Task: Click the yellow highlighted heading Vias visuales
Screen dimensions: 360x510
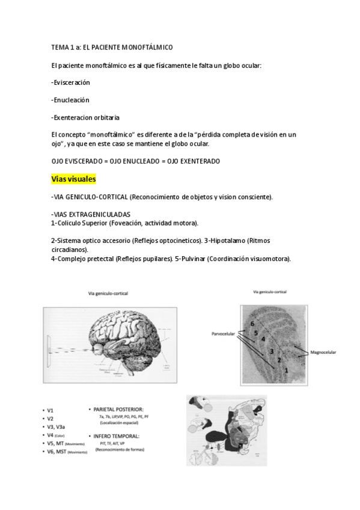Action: coord(74,179)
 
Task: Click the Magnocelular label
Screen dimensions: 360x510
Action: coord(323,352)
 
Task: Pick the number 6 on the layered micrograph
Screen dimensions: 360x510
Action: coord(252,324)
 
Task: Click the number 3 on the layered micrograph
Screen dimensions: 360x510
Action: coord(271,351)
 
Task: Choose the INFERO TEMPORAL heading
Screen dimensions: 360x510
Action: coord(117,435)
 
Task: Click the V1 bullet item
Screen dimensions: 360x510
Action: coord(50,409)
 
